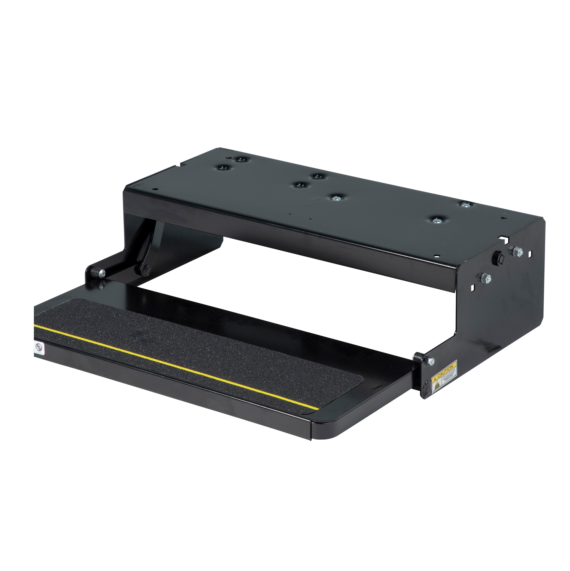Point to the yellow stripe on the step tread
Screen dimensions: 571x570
(177, 364)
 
